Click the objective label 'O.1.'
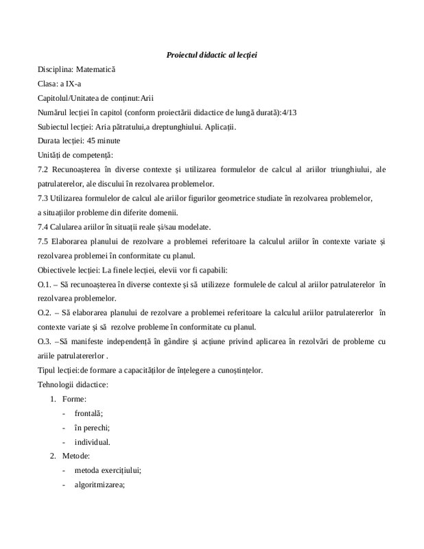[x=45, y=284]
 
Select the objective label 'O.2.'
[x=45, y=313]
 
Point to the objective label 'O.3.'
[x=45, y=342]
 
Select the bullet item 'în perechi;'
[x=93, y=428]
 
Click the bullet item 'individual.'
[x=93, y=442]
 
